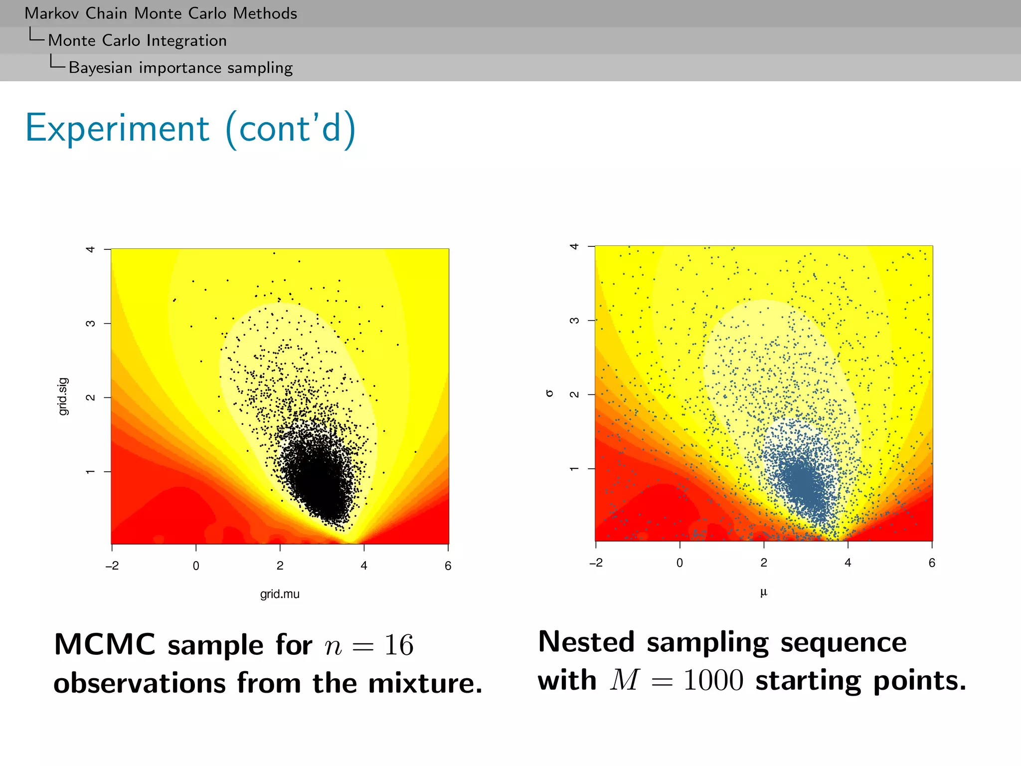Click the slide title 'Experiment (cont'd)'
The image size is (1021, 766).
click(190, 129)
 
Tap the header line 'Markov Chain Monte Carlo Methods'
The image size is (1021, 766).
click(161, 13)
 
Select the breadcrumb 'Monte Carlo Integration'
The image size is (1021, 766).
click(137, 40)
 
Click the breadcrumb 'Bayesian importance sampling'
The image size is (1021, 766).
click(180, 67)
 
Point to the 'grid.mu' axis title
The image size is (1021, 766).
click(280, 594)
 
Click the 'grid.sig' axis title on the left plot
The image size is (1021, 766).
click(63, 396)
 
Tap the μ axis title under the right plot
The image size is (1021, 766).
click(763, 592)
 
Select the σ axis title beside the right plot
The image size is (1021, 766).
click(549, 393)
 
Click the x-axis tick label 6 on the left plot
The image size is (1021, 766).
click(448, 566)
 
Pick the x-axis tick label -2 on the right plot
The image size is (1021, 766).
click(596, 563)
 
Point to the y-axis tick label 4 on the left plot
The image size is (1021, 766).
click(90, 249)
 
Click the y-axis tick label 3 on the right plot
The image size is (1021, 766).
click(574, 320)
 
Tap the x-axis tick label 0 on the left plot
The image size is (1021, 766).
click(196, 566)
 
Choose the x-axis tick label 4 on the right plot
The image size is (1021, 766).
click(848, 563)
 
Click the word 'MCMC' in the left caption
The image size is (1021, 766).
click(105, 644)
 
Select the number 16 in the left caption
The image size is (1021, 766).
click(398, 645)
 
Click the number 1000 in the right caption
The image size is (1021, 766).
click(713, 680)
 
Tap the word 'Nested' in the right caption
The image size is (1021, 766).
click(586, 642)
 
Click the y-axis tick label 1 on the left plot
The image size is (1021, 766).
click(90, 472)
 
